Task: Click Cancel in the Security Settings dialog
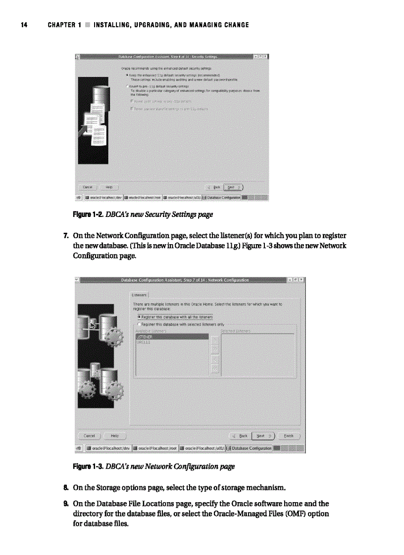tap(88, 187)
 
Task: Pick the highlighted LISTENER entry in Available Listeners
tap(171, 337)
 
